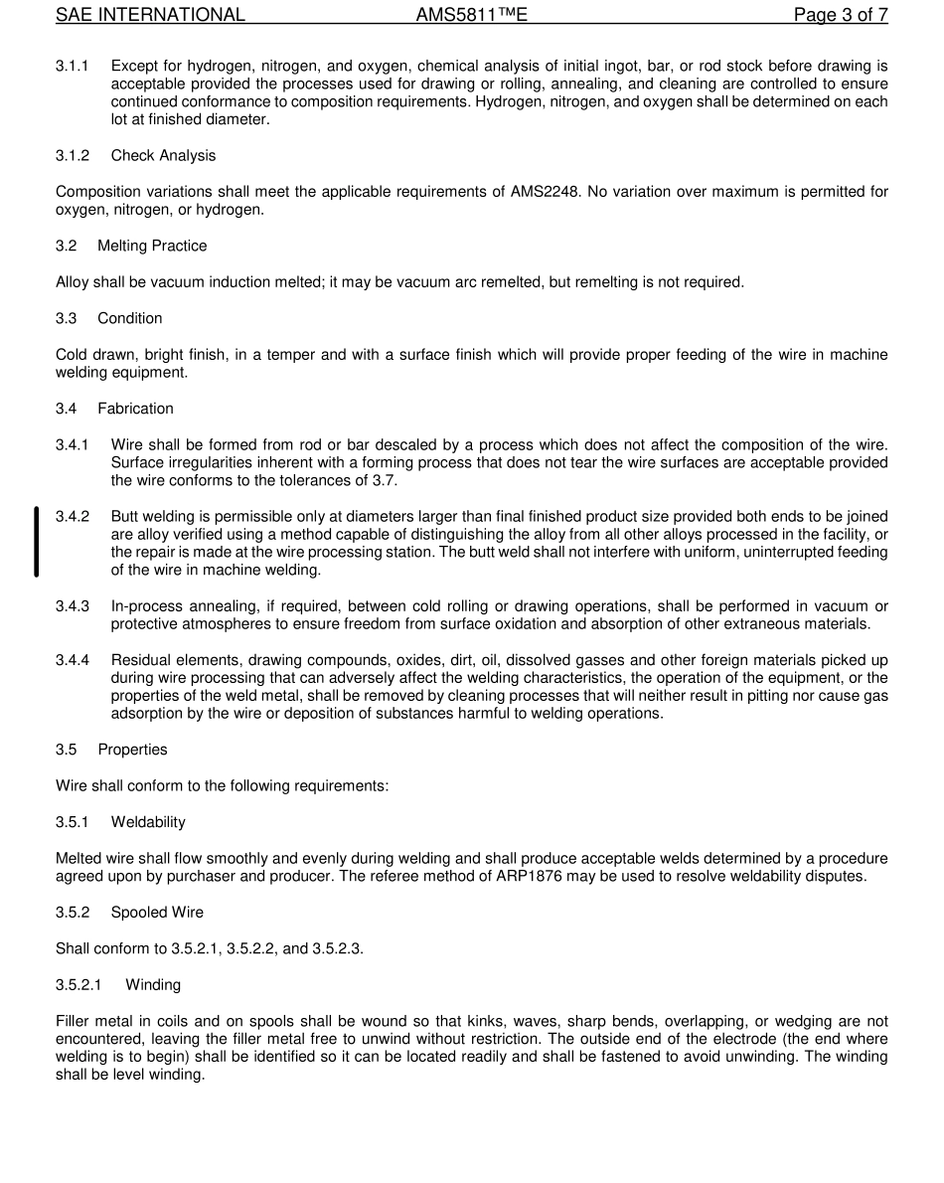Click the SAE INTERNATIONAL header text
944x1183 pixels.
pyautogui.click(x=150, y=15)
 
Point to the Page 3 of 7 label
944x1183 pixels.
pyautogui.click(x=840, y=15)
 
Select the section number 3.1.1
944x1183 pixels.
pyautogui.click(x=73, y=66)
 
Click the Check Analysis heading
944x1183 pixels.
pyautogui.click(x=163, y=156)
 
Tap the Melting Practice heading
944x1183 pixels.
pyautogui.click(x=152, y=246)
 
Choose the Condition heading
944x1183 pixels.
pyautogui.click(x=129, y=318)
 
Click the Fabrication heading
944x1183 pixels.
pyautogui.click(x=135, y=409)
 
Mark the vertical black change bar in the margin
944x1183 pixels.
pyautogui.click(x=37, y=542)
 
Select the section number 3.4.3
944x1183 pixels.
pyautogui.click(x=73, y=606)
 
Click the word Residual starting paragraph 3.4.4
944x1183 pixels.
pyautogui.click(x=139, y=660)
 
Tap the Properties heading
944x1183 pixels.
pyautogui.click(x=132, y=750)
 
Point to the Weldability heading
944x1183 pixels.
pyautogui.click(x=148, y=822)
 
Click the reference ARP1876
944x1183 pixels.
pyautogui.click(x=623, y=876)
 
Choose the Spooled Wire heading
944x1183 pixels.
pyautogui.click(x=157, y=913)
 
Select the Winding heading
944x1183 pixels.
pyautogui.click(x=153, y=985)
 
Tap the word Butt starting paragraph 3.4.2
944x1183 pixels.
pyautogui.click(x=124, y=517)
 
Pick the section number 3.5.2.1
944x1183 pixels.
pyautogui.click(x=79, y=985)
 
